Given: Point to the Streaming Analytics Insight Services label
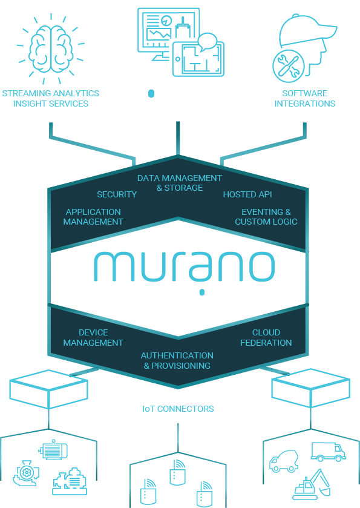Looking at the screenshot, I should [x=50, y=98].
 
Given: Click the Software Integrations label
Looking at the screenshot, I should [x=304, y=98].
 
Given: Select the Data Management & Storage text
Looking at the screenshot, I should [x=179, y=183].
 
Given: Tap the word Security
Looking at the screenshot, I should [x=117, y=194].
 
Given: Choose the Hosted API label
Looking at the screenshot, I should [x=247, y=194].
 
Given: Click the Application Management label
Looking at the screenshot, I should [x=93, y=217].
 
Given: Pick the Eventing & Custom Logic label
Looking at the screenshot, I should [x=266, y=217].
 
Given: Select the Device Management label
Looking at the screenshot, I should [x=93, y=337].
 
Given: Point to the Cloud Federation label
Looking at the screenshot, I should [x=266, y=337].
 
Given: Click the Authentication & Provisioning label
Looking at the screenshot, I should [x=177, y=360].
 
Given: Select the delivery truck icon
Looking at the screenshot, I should [x=328, y=451].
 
